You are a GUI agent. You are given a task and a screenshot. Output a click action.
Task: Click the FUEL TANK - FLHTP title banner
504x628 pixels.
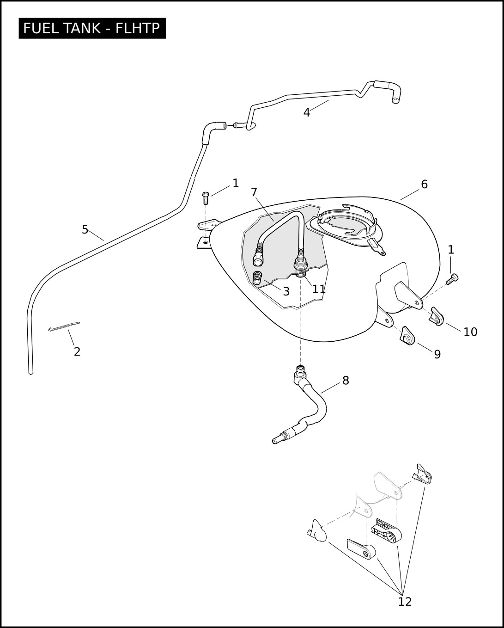pyautogui.click(x=92, y=28)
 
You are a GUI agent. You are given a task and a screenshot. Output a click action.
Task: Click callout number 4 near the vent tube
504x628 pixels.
pyautogui.click(x=306, y=112)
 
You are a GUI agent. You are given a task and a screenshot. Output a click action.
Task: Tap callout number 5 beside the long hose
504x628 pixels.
pyautogui.click(x=85, y=230)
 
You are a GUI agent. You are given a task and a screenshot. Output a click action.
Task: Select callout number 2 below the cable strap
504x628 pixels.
pyautogui.click(x=77, y=351)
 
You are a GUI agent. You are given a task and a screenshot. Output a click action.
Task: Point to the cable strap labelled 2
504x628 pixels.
pyautogui.click(x=64, y=326)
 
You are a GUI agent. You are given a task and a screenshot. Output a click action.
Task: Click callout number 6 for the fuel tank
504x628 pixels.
pyautogui.click(x=425, y=185)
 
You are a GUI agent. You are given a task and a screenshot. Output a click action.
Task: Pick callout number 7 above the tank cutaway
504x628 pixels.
pyautogui.click(x=254, y=192)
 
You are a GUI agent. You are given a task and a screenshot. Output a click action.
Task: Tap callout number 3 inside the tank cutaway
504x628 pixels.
pyautogui.click(x=286, y=291)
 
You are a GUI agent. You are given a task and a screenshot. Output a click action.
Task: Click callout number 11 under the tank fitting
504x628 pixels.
pyautogui.click(x=319, y=289)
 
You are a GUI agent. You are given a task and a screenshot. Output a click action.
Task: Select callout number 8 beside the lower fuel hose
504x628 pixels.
pyautogui.click(x=346, y=380)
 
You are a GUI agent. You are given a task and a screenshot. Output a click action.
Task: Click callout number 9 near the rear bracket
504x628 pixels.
pyautogui.click(x=437, y=354)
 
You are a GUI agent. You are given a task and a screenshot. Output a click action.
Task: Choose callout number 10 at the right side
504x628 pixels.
pyautogui.click(x=470, y=332)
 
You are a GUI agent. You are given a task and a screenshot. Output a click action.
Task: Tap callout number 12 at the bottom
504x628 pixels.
pyautogui.click(x=405, y=602)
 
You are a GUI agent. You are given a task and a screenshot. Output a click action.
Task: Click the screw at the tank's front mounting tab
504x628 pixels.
pyautogui.click(x=206, y=198)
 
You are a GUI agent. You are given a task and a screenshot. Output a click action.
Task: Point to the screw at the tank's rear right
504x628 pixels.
pyautogui.click(x=451, y=279)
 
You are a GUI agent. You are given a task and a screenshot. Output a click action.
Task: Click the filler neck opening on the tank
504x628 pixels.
pyautogui.click(x=346, y=225)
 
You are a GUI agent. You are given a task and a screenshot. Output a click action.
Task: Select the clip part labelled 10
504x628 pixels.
pyautogui.click(x=437, y=317)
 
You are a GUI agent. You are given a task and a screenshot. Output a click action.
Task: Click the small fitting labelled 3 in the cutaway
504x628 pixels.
pyautogui.click(x=257, y=277)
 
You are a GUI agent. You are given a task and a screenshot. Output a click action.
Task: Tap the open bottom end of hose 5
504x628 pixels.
pyautogui.click(x=30, y=373)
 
